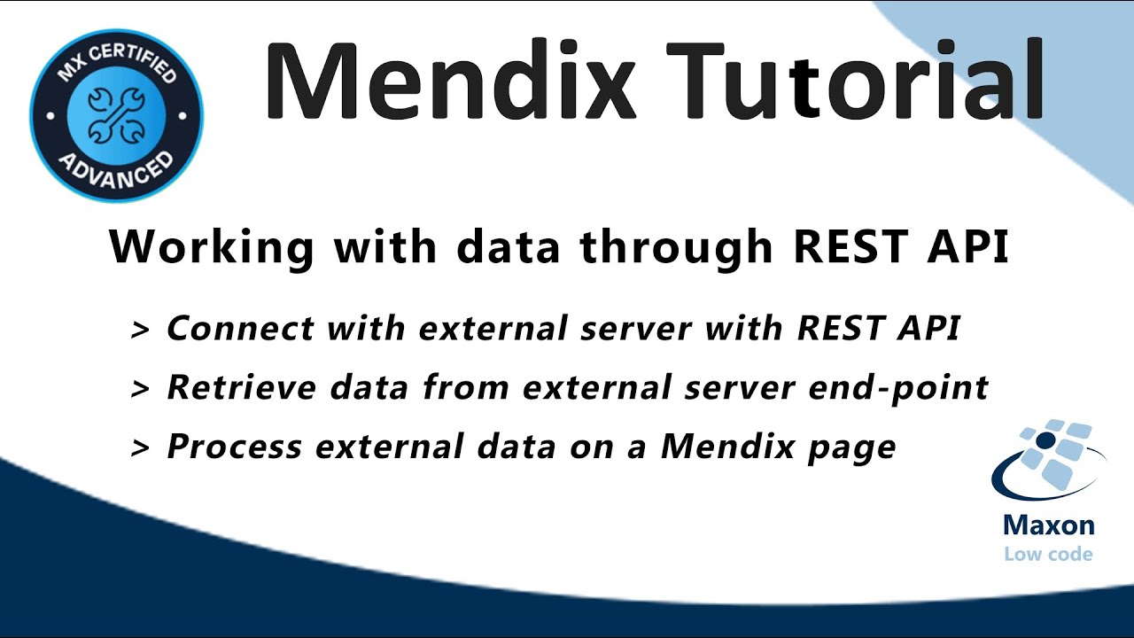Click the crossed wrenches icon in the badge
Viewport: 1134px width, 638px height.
pos(115,115)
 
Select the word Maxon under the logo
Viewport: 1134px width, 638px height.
pos(1048,525)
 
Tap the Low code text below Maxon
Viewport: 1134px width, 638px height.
pos(1048,555)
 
